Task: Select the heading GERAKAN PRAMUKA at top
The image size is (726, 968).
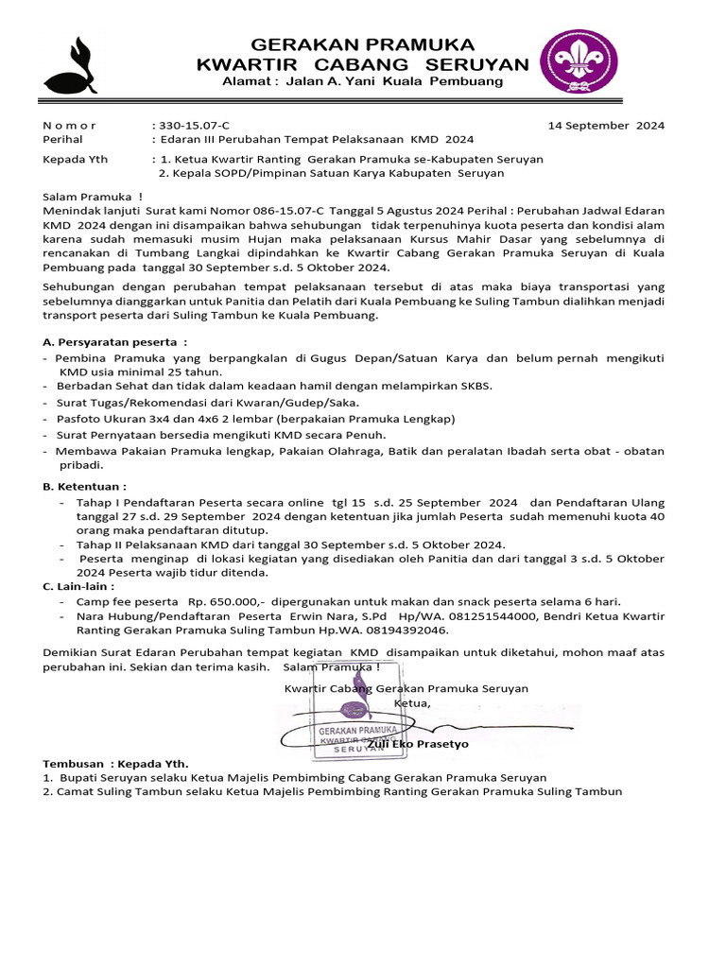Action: point(362,45)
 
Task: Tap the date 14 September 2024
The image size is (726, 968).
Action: point(607,125)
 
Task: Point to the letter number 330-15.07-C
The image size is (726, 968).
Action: point(194,125)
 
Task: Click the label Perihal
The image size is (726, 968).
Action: point(63,139)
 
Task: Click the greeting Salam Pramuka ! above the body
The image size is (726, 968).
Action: point(86,196)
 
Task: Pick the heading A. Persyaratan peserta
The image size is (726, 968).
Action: point(115,342)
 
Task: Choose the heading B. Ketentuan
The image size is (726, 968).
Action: point(85,486)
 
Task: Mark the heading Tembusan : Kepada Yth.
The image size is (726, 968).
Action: point(115,763)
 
